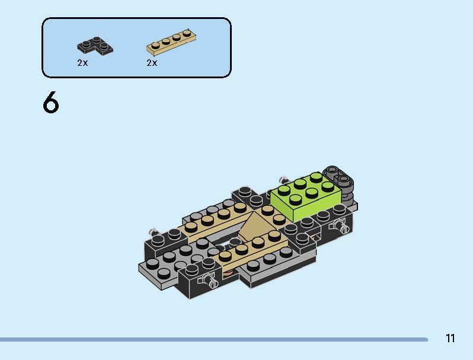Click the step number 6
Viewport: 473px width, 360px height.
51,103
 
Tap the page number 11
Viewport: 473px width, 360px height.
450,339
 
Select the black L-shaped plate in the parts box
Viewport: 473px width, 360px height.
94,45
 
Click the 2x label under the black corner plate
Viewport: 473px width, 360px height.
82,63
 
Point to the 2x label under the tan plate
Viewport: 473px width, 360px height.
152,63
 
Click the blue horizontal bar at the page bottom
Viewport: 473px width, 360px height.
213,340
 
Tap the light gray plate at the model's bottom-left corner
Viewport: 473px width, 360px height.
148,270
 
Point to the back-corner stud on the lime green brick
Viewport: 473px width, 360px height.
315,176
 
